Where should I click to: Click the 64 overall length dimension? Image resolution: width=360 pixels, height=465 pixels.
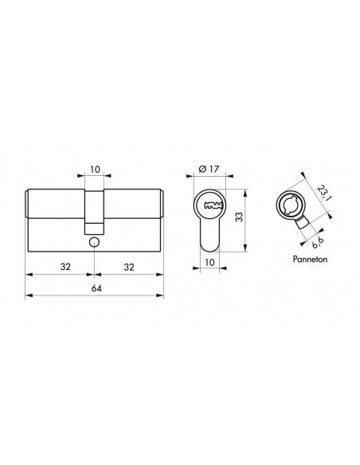point(95,288)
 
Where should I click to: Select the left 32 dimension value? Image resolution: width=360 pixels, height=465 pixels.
point(61,267)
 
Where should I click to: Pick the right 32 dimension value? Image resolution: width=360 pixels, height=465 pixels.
point(129,267)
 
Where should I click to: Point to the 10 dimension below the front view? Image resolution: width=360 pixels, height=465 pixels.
point(211,261)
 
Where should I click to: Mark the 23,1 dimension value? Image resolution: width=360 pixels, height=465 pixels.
point(323,192)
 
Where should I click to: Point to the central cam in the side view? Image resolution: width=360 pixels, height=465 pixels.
point(95,209)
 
